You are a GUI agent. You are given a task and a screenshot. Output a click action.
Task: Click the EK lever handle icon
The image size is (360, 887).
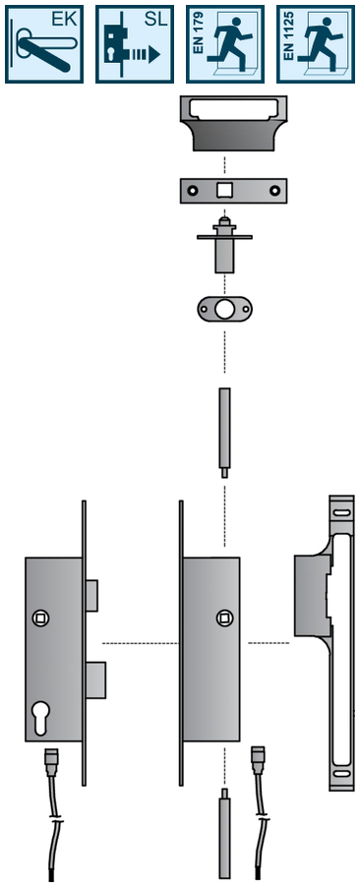coord(44,44)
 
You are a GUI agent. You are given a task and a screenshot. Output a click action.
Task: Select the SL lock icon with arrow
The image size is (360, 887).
coord(135,44)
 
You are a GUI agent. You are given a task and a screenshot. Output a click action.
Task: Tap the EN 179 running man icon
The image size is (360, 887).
coord(225,44)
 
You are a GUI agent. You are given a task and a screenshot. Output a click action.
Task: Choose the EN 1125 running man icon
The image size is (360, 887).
coord(316,44)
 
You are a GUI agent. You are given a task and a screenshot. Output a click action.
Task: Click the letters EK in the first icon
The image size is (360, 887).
coord(64,20)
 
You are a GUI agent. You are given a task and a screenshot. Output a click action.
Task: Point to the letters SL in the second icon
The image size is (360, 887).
coord(155,20)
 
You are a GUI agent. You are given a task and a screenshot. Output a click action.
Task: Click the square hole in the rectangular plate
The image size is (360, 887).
coord(224,190)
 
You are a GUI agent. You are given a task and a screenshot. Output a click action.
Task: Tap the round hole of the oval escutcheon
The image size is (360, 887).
coord(224,309)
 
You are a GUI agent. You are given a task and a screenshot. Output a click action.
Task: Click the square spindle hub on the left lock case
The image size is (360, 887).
coord(40,618)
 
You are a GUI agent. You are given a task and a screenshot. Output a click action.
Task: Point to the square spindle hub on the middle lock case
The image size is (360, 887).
coord(223,618)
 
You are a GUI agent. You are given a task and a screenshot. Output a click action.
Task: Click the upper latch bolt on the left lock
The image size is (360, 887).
coord(91,596)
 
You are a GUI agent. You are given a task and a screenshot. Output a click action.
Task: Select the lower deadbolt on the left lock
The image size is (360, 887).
coord(95,680)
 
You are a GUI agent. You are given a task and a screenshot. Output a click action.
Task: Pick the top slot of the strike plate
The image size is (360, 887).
coord(341,512)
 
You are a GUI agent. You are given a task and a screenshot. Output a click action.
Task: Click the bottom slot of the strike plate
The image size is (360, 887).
coord(341,773)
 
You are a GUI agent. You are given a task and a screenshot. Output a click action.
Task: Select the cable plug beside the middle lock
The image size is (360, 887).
coord(258,755)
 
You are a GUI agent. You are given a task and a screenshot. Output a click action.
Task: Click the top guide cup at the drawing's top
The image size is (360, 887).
coord(233,123)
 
